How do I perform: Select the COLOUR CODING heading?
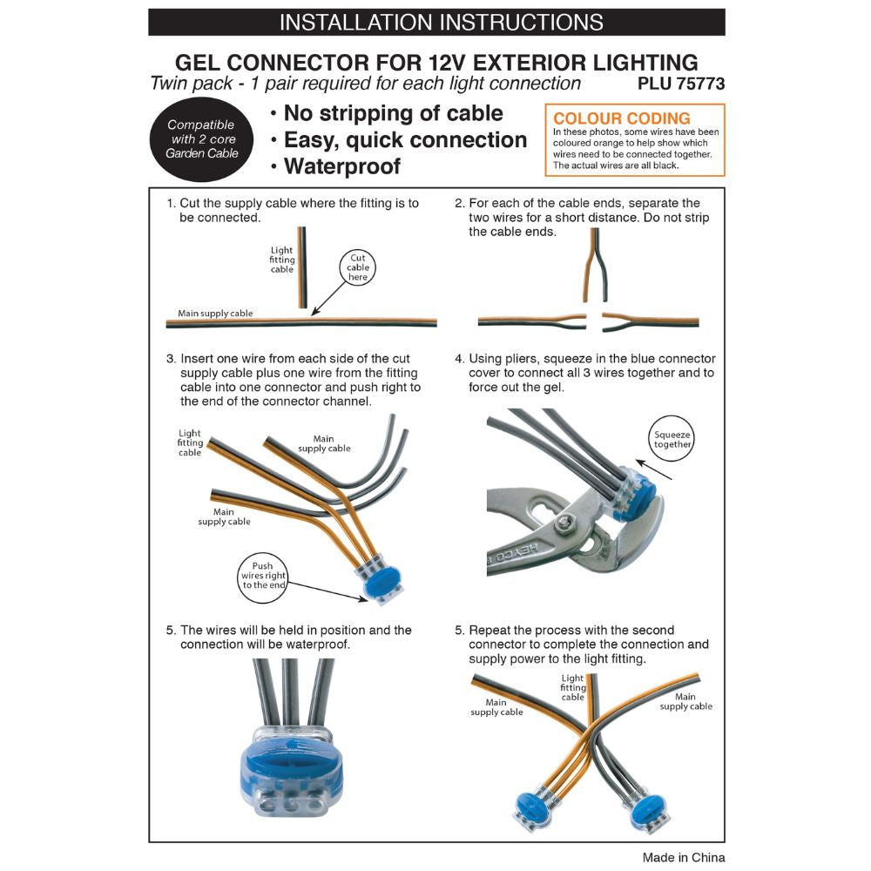click(x=622, y=118)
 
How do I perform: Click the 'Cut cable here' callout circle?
click(x=359, y=268)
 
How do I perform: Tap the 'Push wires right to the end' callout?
click(x=264, y=576)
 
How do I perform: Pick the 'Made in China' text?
click(x=683, y=857)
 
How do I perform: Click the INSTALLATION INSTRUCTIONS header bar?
click(x=436, y=22)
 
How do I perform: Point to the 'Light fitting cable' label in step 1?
click(x=282, y=260)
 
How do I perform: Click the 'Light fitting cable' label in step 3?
click(x=190, y=442)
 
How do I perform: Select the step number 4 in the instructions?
click(x=459, y=359)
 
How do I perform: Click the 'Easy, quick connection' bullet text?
click(x=405, y=140)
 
